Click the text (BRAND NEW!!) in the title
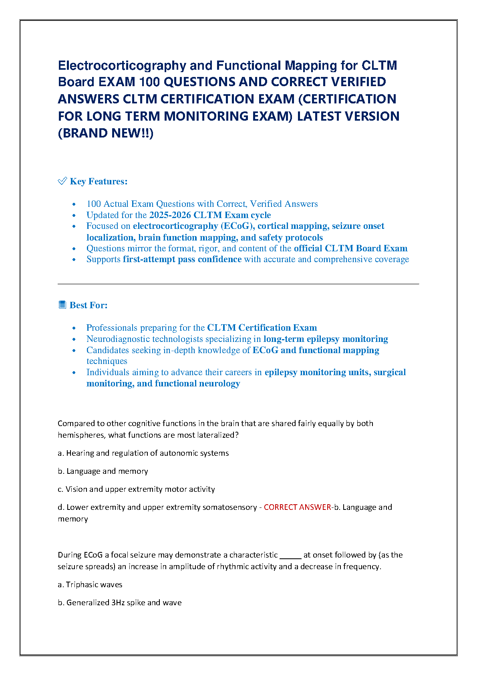[x=106, y=133]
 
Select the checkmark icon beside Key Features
[x=62, y=181]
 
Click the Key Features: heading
[x=99, y=182]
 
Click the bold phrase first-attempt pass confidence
[x=182, y=259]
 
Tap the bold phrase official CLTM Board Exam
[x=350, y=249]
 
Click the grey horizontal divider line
[x=238, y=284]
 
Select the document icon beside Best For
[x=62, y=305]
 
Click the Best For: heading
[x=89, y=305]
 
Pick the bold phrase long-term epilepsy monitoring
[x=326, y=339]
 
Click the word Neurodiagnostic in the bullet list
[x=119, y=339]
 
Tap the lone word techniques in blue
[x=107, y=361]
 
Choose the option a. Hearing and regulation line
[x=143, y=453]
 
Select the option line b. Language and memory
[x=103, y=471]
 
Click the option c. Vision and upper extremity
[x=136, y=489]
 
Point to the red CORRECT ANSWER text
[x=297, y=507]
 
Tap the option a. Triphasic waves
[x=90, y=585]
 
